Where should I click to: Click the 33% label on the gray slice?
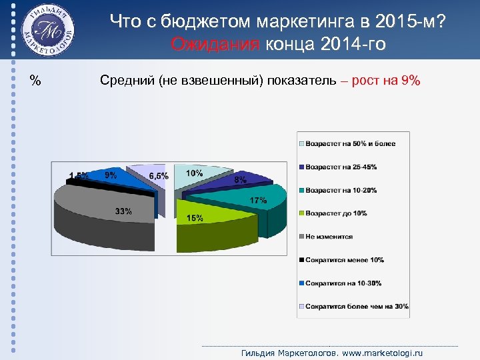(x=123, y=211)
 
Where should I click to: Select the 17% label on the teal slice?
(x=259, y=200)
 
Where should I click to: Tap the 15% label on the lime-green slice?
(x=195, y=218)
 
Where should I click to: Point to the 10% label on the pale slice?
(x=194, y=173)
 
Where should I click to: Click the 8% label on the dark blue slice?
(x=240, y=179)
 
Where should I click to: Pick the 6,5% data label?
(x=159, y=176)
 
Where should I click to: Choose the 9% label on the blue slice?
(x=111, y=175)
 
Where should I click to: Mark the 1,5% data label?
(x=79, y=176)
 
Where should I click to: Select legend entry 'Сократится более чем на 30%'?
(x=357, y=307)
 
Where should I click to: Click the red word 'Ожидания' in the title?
(x=215, y=44)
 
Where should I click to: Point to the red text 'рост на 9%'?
(x=387, y=81)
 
